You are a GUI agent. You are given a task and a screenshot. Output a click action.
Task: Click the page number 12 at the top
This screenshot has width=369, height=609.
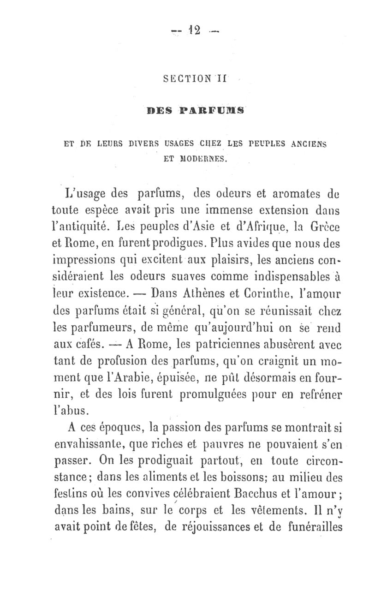pyautogui.click(x=193, y=31)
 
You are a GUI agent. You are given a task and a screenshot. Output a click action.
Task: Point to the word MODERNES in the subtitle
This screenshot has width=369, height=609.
pyautogui.click(x=196, y=160)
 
